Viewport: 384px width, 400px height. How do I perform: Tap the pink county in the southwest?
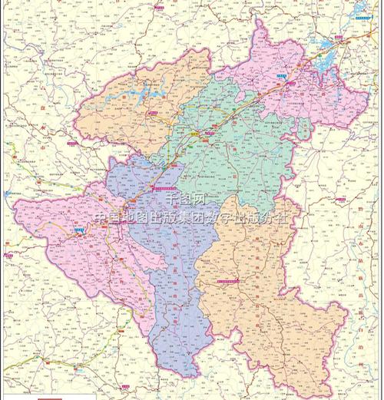[69, 238]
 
